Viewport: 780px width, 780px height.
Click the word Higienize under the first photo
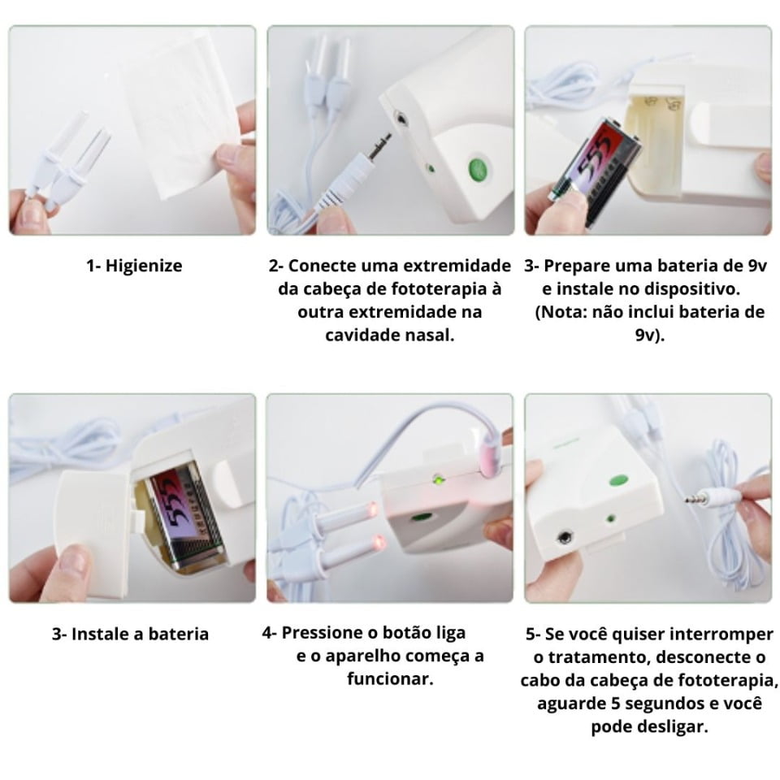144,266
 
